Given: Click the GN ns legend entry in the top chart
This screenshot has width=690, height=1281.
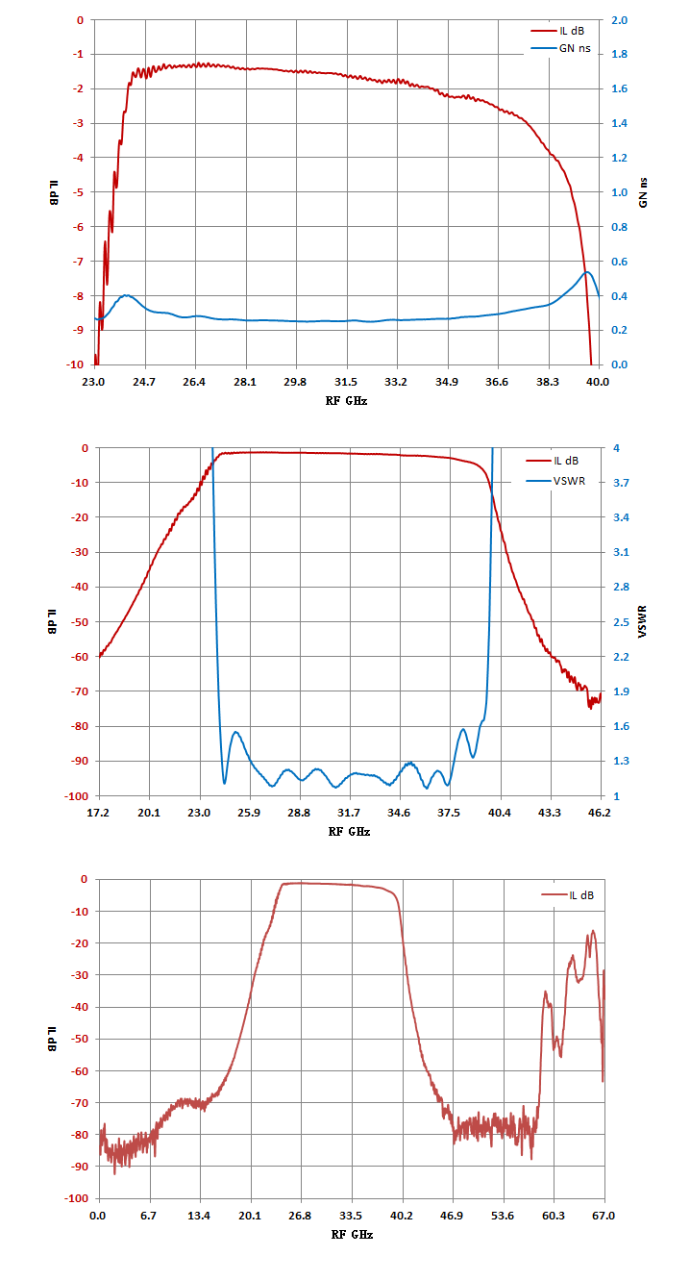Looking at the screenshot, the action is tap(561, 48).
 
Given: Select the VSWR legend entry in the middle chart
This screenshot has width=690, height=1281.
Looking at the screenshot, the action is tap(555, 481).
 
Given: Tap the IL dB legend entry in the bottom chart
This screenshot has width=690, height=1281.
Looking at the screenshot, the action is tap(568, 895).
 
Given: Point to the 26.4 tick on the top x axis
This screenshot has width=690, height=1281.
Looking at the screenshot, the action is tap(194, 382).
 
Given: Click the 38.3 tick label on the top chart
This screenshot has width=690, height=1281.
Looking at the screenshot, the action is tap(548, 382).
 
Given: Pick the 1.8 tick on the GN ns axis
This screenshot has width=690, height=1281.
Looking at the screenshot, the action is tap(619, 54).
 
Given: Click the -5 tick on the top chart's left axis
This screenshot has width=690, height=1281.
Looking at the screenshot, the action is tap(78, 192).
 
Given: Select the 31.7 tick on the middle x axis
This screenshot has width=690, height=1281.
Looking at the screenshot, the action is tap(349, 813).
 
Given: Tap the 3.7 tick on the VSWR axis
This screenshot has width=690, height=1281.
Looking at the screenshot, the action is tap(621, 483).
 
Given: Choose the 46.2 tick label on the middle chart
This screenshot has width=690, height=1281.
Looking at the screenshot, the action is tap(599, 813).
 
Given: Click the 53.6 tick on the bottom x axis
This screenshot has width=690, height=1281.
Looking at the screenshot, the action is tap(503, 1216).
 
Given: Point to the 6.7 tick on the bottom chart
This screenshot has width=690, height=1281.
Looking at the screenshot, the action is tap(149, 1216).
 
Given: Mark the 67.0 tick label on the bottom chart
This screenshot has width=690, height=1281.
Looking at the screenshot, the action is tap(604, 1216).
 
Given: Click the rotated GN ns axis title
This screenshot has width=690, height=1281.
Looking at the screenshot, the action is tap(643, 192).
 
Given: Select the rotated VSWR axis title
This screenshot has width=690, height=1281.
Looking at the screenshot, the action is tap(642, 621).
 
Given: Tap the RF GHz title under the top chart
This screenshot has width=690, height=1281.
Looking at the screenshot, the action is tap(346, 400).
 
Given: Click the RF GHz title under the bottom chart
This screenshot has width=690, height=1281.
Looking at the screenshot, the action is tap(352, 1234).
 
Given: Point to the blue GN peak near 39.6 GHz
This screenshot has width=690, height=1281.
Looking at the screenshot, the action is tap(586, 272).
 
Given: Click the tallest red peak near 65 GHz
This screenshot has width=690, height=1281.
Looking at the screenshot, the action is tap(593, 931).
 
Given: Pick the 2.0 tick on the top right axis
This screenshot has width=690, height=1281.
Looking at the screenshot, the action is tap(619, 20).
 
